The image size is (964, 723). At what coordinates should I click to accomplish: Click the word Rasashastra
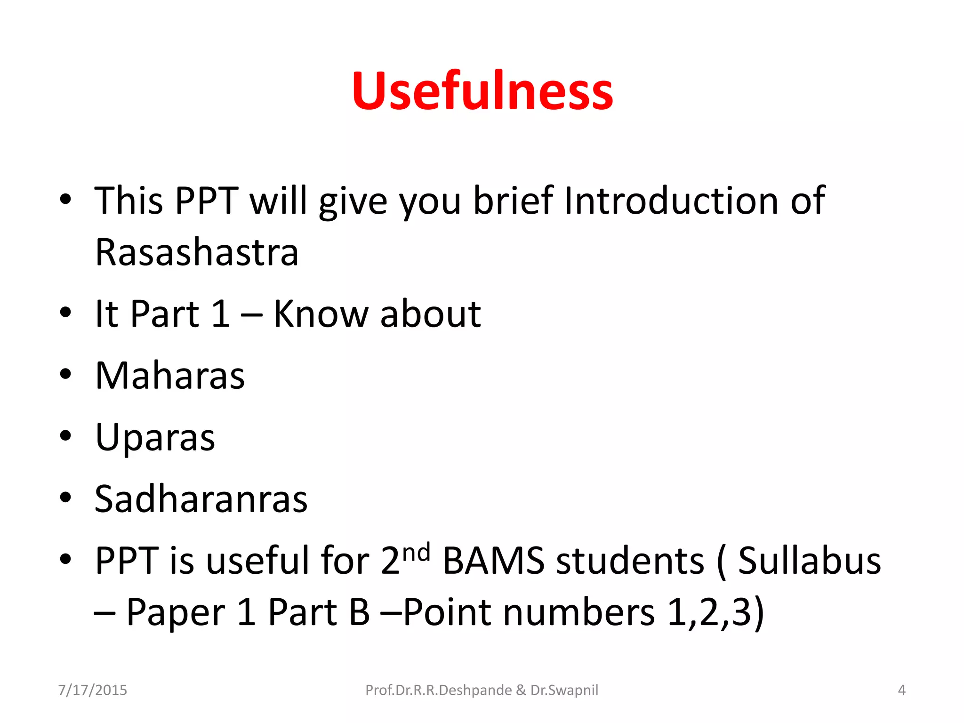point(197,252)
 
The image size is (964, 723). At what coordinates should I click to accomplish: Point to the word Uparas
point(155,438)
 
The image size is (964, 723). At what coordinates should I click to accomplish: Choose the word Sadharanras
point(201,499)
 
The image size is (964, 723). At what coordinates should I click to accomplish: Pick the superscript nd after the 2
point(417,552)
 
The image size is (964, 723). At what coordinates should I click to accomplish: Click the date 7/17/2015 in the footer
point(92,690)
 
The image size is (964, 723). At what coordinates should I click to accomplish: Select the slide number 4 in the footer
point(901,690)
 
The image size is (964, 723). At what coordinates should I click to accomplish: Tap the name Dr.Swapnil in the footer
point(564,690)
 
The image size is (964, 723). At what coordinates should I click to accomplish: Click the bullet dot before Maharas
point(65,375)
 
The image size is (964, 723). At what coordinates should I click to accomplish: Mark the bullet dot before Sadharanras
point(65,498)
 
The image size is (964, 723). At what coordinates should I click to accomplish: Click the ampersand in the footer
point(521,690)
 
